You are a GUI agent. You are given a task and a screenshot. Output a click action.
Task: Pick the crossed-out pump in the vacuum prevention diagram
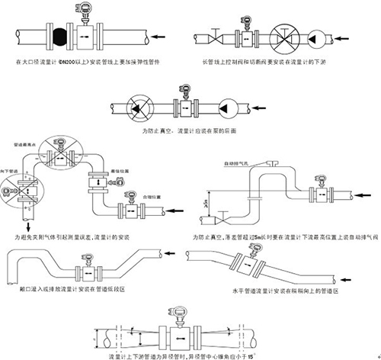coord(139,107)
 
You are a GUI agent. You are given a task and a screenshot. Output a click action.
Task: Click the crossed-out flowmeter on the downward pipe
coord(28,186)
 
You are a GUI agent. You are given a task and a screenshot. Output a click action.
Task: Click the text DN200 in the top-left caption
coord(66,59)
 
